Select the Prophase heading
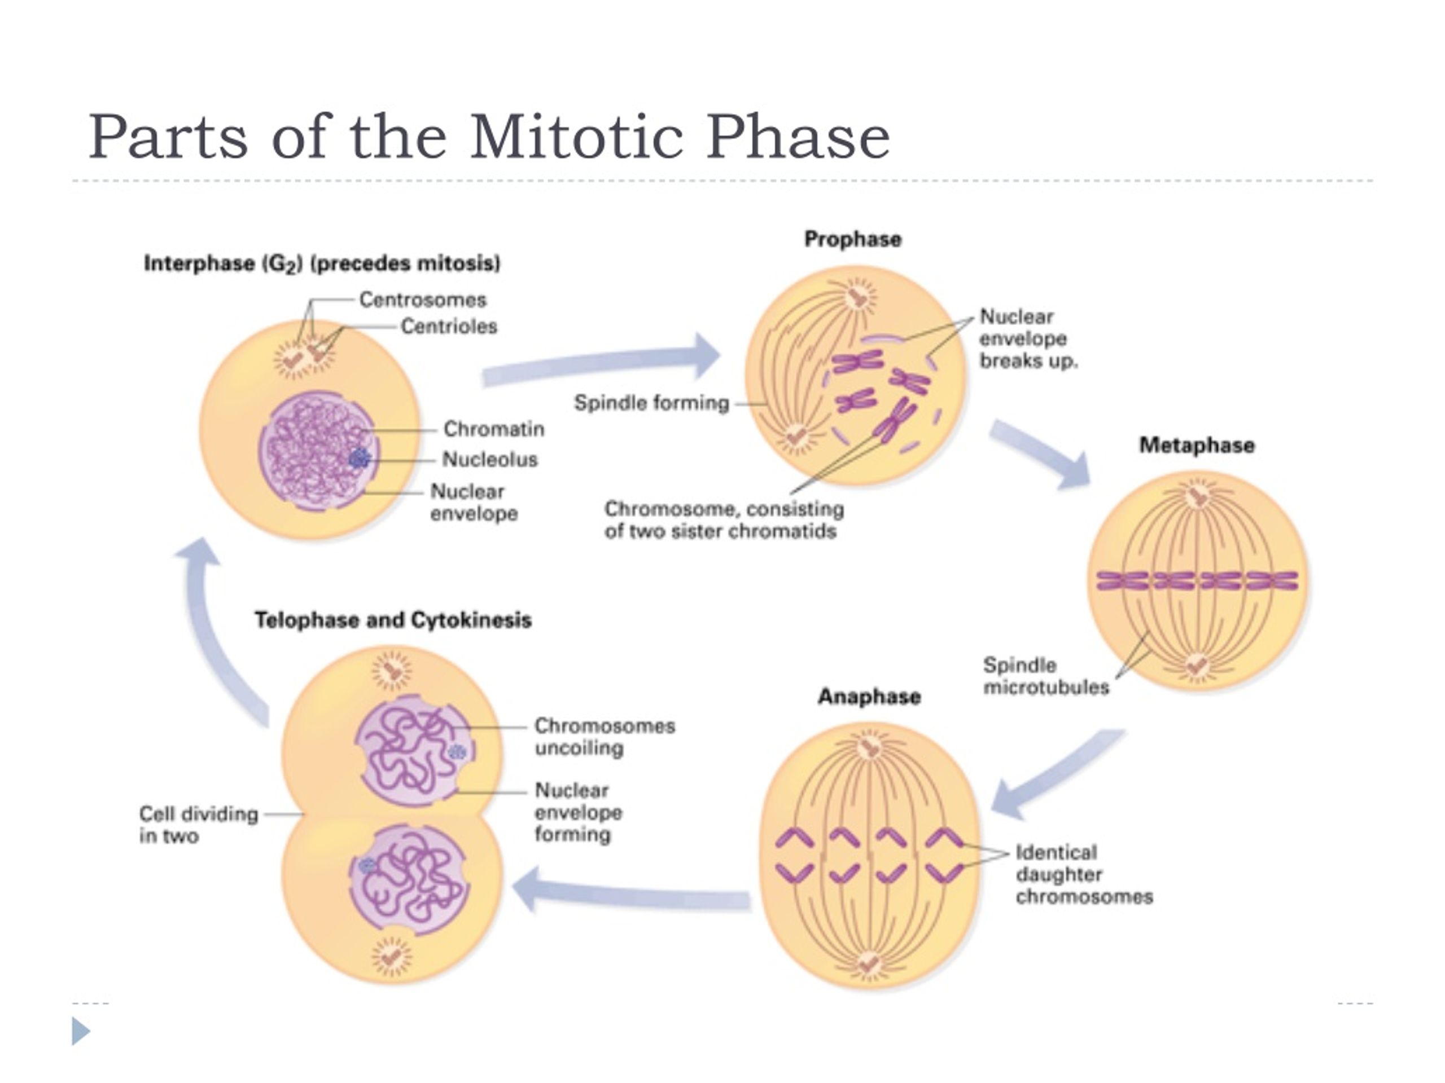coord(852,240)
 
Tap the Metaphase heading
coord(1197,445)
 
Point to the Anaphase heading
coord(869,697)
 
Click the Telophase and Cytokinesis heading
coord(393,620)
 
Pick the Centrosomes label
coord(423,300)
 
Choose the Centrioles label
coord(449,326)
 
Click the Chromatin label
coord(494,429)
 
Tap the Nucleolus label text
coord(490,460)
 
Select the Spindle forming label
coord(651,403)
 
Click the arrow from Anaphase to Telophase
coord(630,891)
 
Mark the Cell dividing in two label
coord(199,825)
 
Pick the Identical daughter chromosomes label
coord(1084,875)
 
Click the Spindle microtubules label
coord(1046,676)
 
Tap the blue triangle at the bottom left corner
coord(80,1032)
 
